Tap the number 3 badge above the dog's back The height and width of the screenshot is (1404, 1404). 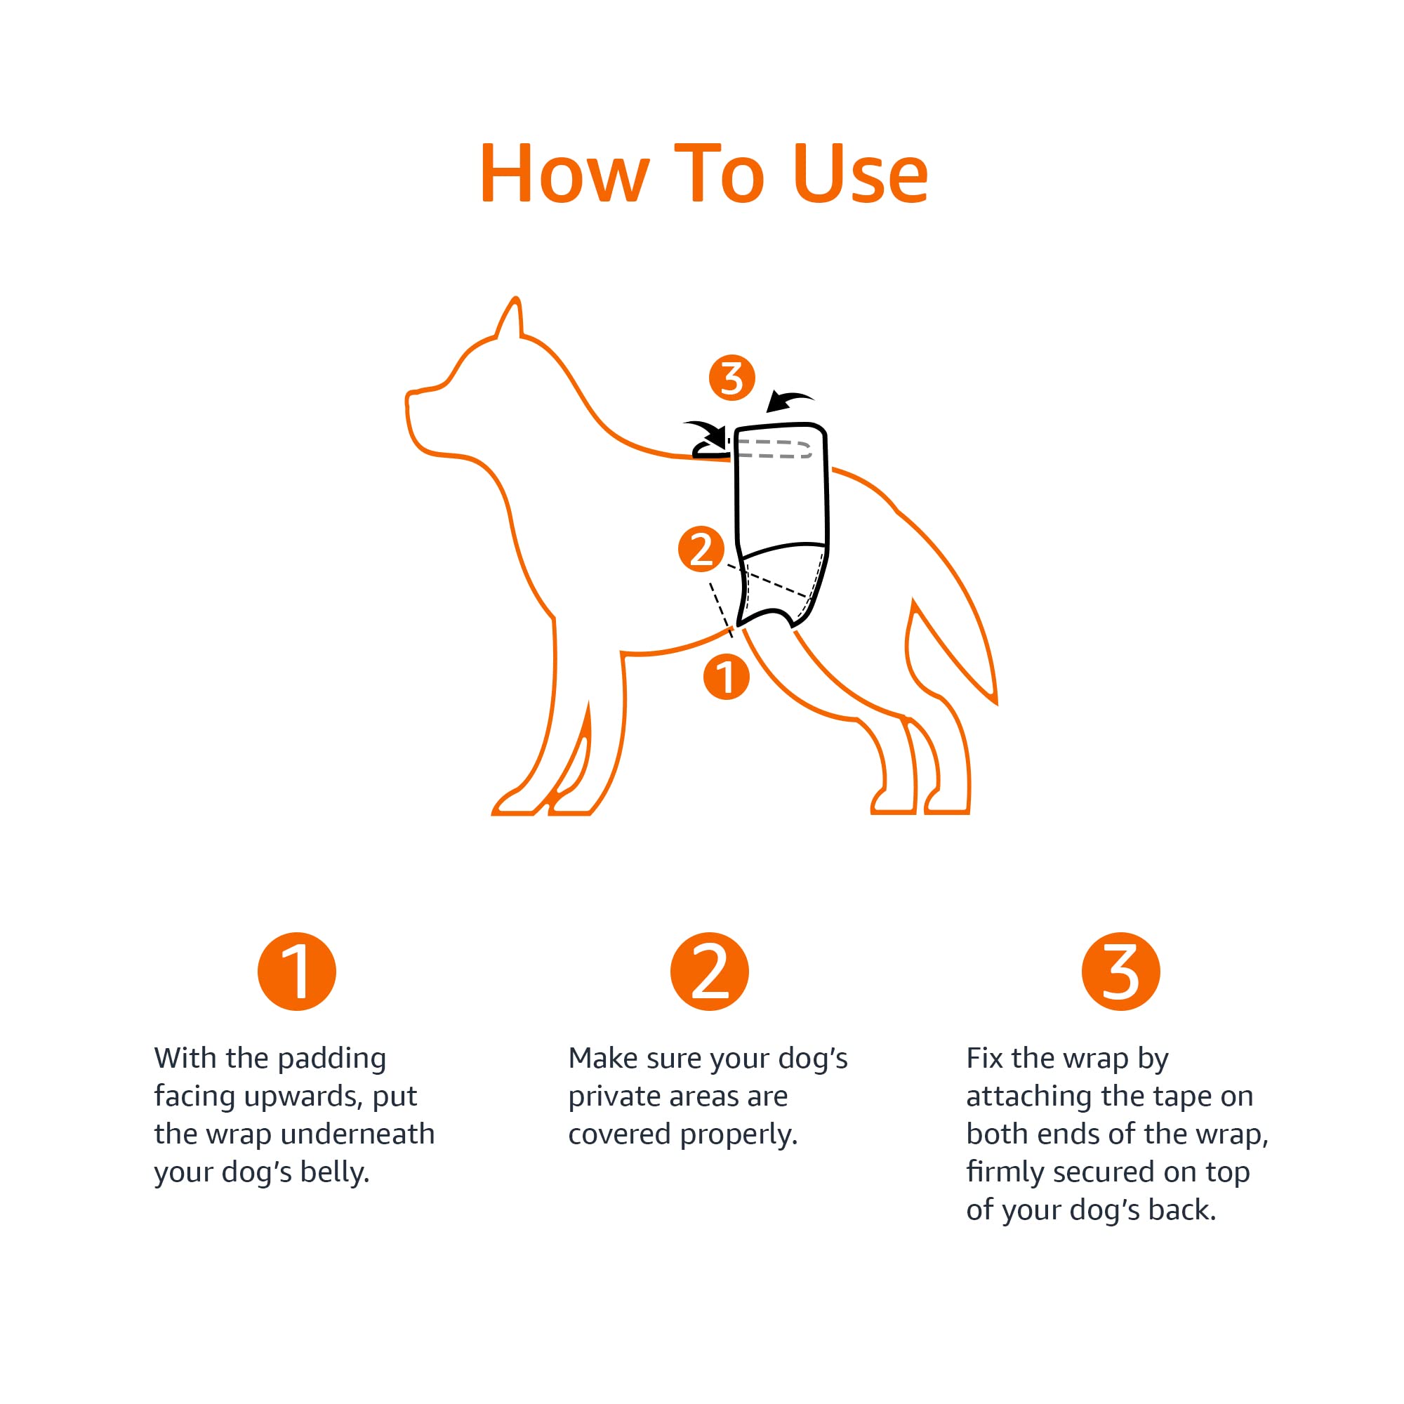tap(731, 378)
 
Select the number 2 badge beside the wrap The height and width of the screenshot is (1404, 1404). tap(701, 549)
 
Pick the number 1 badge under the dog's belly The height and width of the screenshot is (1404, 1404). tap(727, 677)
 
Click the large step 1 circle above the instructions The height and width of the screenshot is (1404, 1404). tap(296, 972)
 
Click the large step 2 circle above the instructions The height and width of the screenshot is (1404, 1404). tap(709, 972)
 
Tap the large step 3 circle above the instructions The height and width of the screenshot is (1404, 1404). tap(1120, 972)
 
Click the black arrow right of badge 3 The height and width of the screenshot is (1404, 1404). tap(790, 400)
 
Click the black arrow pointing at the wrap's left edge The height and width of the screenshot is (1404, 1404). tap(706, 434)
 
